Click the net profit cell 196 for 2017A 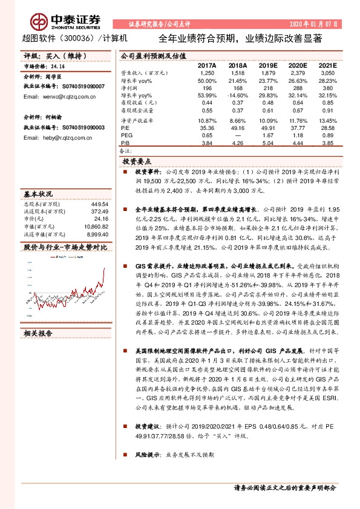tap(208, 88)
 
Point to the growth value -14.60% tap(237, 96)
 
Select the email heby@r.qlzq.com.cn tap(54, 138)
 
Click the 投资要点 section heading tap(138, 162)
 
